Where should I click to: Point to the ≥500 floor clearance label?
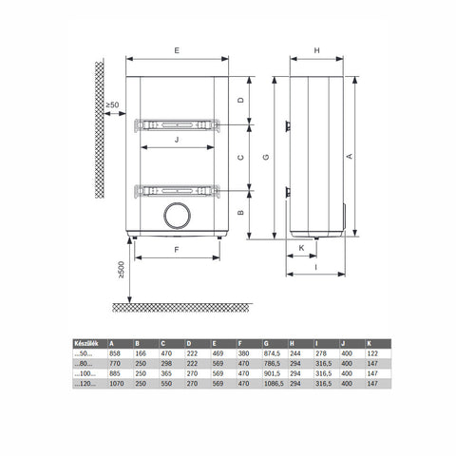[121, 271]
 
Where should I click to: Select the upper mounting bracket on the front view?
[177, 123]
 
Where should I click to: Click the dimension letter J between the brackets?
[177, 139]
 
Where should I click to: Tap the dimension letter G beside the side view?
[267, 157]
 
